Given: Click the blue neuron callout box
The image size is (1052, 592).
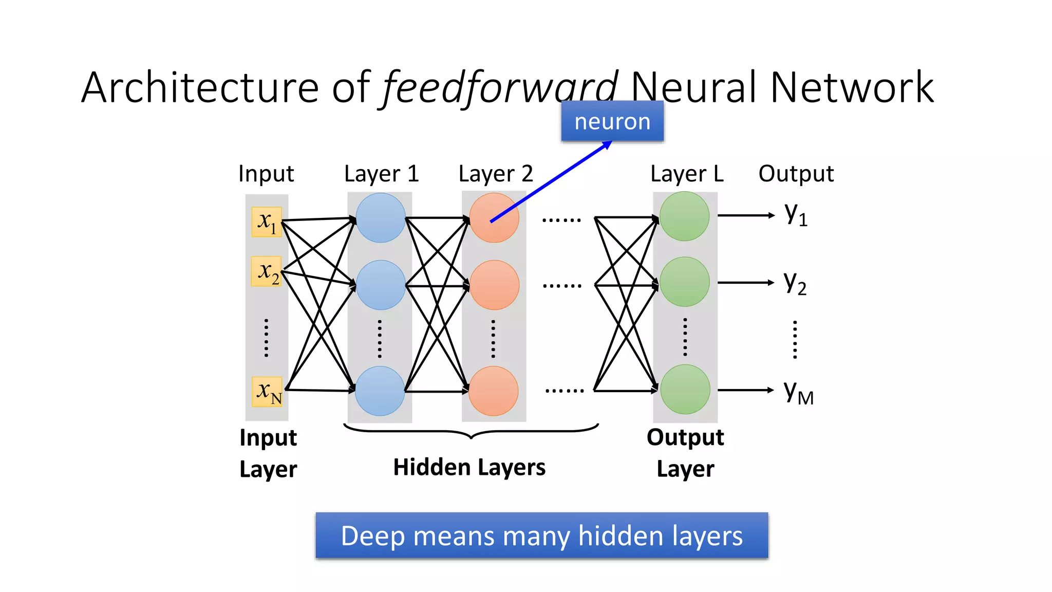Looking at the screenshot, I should (612, 121).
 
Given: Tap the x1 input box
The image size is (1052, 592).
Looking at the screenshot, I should (267, 221).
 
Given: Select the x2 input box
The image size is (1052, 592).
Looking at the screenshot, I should (267, 271).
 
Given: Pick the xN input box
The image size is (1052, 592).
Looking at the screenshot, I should (267, 392).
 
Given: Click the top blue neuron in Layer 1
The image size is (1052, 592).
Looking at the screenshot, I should (380, 218).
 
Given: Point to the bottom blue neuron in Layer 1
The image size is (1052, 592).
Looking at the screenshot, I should (380, 391).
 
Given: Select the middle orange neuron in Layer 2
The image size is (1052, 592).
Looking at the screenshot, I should (494, 285).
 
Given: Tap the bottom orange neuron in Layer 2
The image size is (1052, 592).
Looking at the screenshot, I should (494, 391).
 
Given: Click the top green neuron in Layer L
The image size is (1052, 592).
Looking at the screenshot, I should (684, 216).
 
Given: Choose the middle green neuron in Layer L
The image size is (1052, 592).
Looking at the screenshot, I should (684, 282).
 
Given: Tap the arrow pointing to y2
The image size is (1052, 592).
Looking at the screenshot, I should (745, 282).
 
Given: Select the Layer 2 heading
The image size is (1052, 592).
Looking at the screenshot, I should (496, 174).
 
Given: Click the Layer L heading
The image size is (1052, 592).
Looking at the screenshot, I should (687, 174).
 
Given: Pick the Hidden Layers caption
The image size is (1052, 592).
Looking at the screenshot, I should (469, 467).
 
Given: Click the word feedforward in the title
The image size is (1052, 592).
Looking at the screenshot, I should (500, 87).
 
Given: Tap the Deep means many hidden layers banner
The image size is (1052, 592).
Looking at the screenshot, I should (541, 535).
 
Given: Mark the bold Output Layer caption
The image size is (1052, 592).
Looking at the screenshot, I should (685, 453).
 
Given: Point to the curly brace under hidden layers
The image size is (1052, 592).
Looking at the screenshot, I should (471, 431).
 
